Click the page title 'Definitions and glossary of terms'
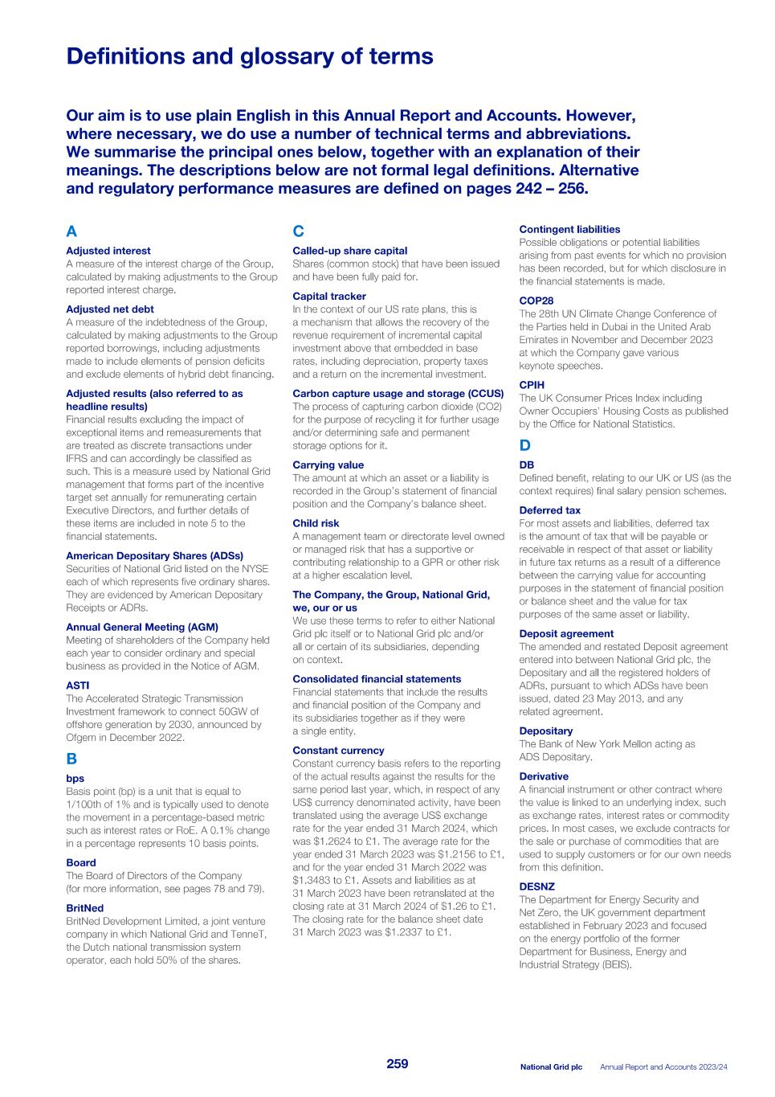click(249, 57)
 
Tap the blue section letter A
click(71, 231)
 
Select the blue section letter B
click(71, 759)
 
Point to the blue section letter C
click(298, 231)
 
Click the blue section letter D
click(524, 445)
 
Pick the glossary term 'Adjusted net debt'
click(110, 309)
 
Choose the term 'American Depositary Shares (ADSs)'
click(154, 556)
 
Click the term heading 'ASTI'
click(78, 686)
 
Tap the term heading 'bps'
click(75, 779)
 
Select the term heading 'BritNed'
click(84, 908)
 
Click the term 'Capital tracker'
click(329, 297)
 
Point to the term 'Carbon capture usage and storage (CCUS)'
click(398, 394)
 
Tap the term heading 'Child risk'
click(316, 523)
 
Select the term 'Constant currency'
click(338, 751)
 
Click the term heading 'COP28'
click(536, 301)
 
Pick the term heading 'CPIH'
click(532, 385)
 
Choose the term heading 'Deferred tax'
click(549, 510)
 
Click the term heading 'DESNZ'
click(536, 886)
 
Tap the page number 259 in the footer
click(398, 1064)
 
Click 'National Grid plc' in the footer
click(551, 1067)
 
